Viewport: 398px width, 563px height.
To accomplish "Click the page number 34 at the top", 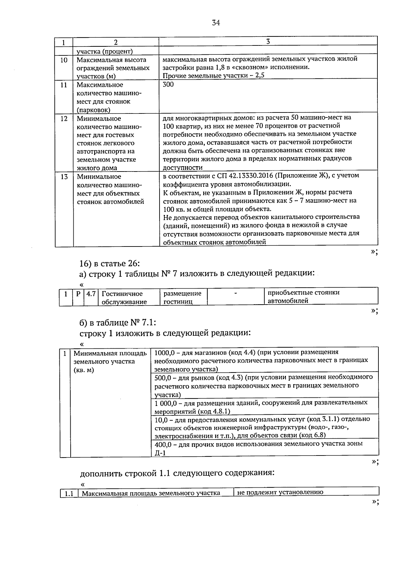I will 216,23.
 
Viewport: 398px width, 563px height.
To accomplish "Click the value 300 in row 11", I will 168,84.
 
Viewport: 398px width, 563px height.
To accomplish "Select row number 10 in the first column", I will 64,60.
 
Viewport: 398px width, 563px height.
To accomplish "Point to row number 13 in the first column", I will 64,177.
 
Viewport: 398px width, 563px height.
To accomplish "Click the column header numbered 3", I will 268,41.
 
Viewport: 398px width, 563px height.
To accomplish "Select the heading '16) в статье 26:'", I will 110,263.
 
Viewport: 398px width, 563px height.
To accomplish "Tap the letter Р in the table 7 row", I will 78,294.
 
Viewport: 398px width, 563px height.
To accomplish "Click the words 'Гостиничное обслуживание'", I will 124,298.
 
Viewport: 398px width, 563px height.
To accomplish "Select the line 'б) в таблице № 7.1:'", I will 117,322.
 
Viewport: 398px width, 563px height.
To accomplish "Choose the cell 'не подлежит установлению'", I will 280,492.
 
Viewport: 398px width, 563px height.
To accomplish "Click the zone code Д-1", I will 160,453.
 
